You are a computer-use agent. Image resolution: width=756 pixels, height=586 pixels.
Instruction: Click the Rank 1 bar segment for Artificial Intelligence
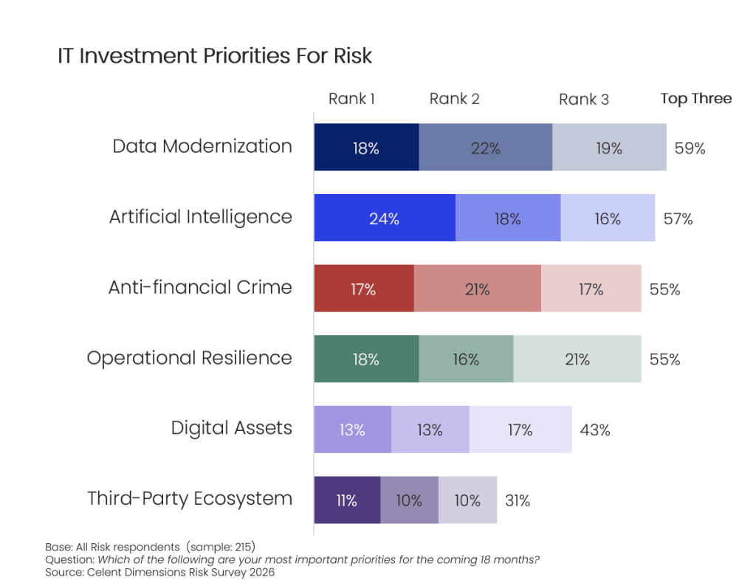pos(384,218)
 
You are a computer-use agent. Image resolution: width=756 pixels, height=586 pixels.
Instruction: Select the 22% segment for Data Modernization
pos(485,148)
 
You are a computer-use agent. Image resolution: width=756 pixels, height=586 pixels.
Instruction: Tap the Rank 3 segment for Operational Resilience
pos(577,359)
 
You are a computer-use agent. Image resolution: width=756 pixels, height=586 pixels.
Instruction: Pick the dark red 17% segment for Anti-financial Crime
pos(363,289)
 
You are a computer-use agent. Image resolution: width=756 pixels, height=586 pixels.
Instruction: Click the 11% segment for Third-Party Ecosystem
pos(346,500)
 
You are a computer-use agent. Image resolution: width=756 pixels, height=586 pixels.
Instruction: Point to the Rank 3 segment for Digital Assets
pos(520,430)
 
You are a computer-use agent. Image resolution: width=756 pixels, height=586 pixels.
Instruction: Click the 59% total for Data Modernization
pos(690,148)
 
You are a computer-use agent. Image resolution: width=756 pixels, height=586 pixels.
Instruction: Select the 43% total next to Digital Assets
pos(594,430)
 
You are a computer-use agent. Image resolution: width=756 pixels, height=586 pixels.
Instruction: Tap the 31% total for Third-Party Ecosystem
pos(517,500)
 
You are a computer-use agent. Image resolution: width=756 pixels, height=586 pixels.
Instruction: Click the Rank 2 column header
pos(454,99)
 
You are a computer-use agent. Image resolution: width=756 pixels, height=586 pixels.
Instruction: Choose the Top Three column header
pos(695,99)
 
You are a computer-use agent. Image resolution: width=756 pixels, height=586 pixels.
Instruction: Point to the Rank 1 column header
pos(351,99)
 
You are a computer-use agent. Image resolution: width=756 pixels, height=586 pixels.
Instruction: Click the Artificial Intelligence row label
pos(201,217)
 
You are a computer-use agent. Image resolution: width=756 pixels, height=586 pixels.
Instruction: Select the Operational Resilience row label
pos(190,358)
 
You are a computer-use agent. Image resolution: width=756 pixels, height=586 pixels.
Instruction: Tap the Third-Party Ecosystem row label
pos(190,498)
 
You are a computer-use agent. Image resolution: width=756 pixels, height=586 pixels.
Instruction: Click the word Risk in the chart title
pos(352,56)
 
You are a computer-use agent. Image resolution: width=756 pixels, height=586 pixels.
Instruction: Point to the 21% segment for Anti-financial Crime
pos(477,289)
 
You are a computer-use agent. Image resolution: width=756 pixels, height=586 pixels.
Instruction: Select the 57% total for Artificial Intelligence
pos(678,218)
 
